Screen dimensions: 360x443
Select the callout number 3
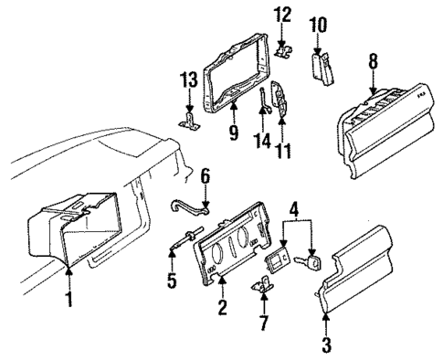coord(326,345)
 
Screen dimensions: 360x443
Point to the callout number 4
coord(295,217)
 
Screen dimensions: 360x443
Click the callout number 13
coord(189,84)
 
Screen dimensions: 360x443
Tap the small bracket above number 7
coord(265,286)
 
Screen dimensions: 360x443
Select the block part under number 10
coord(321,66)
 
